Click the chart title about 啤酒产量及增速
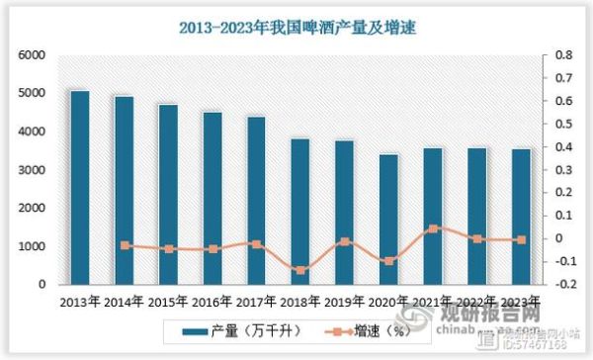(296, 29)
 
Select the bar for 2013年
(80, 188)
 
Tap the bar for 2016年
(212, 198)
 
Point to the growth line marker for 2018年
(299, 270)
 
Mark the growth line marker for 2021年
(432, 228)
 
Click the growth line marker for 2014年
(125, 245)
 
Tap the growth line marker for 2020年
(387, 261)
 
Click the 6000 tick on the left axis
(33, 55)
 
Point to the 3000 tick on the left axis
(33, 170)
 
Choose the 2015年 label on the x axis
(168, 302)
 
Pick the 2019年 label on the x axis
(345, 302)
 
